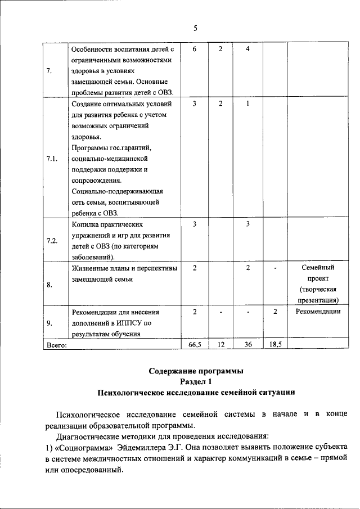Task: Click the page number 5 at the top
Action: (195, 28)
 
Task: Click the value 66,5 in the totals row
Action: (194, 344)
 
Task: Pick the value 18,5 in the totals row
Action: (275, 344)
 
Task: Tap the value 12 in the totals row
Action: (221, 344)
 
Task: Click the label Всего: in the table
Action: (56, 345)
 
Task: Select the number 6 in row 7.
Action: (194, 49)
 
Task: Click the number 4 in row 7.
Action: (247, 49)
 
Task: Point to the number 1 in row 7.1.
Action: (247, 104)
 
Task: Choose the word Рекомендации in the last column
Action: (318, 312)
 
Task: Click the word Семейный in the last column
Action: (318, 268)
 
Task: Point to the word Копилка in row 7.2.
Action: (86, 224)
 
